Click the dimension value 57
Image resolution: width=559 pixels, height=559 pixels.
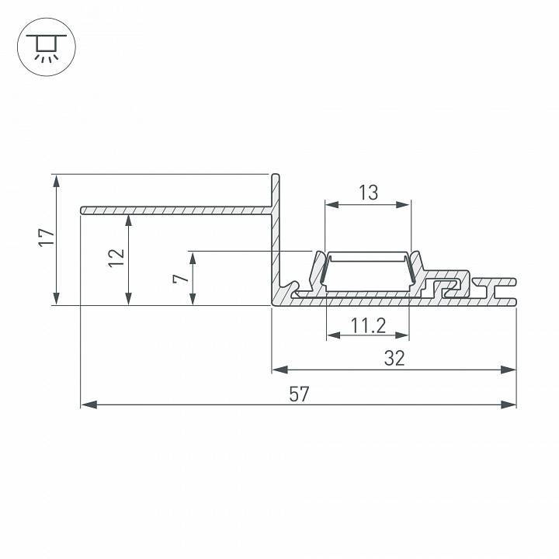(x=299, y=394)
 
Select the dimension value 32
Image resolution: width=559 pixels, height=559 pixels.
(x=394, y=358)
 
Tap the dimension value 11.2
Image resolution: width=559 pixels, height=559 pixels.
(x=368, y=326)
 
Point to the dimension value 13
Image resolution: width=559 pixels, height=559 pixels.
(x=368, y=193)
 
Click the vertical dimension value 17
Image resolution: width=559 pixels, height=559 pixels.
(x=46, y=239)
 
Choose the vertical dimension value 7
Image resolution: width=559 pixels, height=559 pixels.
(x=180, y=278)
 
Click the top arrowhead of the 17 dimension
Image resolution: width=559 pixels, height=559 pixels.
(x=56, y=181)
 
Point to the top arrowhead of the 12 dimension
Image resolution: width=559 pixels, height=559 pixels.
(x=128, y=220)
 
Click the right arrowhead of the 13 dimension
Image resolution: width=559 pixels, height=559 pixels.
(x=404, y=205)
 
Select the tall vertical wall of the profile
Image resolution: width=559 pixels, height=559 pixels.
(x=275, y=233)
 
